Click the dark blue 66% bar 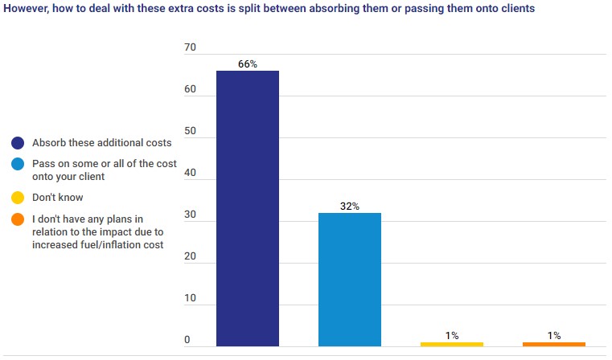click(248, 209)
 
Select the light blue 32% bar click(350, 280)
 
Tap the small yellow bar click(452, 344)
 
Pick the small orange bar click(554, 344)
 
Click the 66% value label click(248, 63)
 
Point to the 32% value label click(350, 207)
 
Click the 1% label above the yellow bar click(452, 335)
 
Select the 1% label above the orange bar click(554, 335)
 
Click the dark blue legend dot click(17, 143)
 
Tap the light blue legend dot click(17, 164)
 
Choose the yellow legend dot click(17, 197)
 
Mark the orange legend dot click(17, 218)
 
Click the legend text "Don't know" click(57, 197)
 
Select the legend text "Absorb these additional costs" click(101, 143)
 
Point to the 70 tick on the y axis click(191, 48)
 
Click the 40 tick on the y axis click(191, 173)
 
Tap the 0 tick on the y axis click(187, 341)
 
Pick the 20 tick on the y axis click(191, 257)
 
